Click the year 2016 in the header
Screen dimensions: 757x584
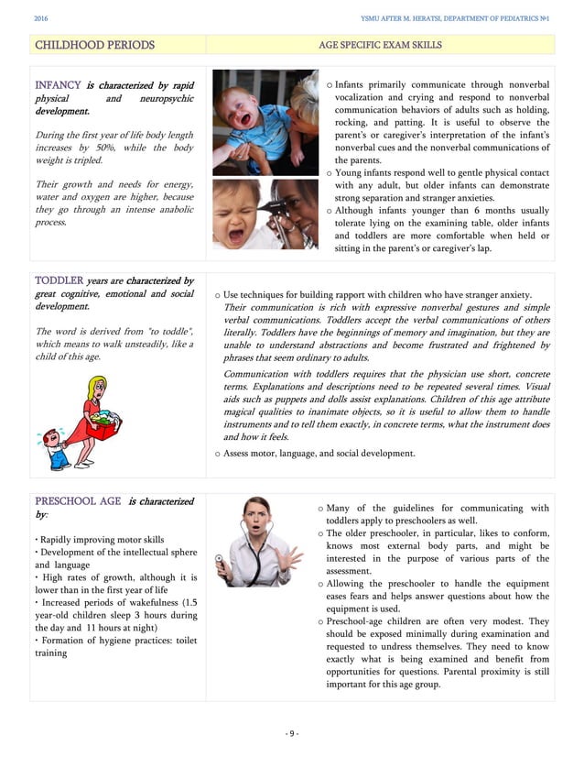(41, 18)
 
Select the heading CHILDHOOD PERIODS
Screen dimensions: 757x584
(94, 45)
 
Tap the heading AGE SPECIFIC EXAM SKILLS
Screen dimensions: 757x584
(379, 45)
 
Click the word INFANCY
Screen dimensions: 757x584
(58, 84)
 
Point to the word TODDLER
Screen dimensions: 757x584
(59, 280)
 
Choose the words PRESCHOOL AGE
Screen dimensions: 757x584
(78, 501)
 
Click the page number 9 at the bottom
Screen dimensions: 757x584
(291, 732)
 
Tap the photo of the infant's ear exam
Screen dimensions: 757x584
(265, 214)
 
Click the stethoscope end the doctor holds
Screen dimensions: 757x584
(220, 558)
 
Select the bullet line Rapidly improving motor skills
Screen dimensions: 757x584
(101, 540)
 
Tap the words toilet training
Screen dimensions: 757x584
(51, 653)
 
